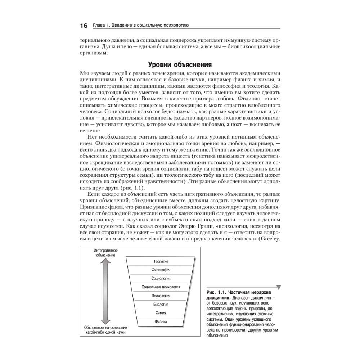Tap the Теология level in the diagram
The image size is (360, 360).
click(x=161, y=261)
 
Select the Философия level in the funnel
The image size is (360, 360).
click(x=161, y=270)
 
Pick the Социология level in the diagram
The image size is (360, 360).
click(x=161, y=278)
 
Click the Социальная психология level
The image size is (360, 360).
click(x=161, y=287)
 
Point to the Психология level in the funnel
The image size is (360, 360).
click(x=161, y=296)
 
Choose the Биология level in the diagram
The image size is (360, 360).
click(x=161, y=304)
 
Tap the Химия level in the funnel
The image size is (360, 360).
click(x=161, y=313)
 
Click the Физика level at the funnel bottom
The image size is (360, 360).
click(x=161, y=321)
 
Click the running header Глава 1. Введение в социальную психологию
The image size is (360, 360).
click(x=141, y=26)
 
